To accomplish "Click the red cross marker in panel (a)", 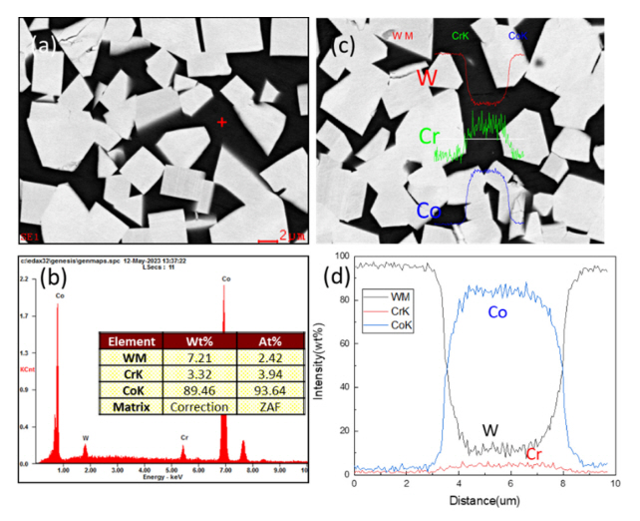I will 221,122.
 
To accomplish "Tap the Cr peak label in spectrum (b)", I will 183,437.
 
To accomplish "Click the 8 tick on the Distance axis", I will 563,484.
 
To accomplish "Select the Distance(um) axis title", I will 482,501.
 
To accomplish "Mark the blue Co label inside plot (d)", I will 495,312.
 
